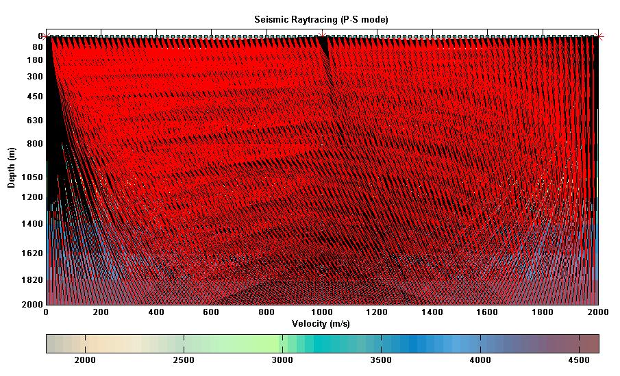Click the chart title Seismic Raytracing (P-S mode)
tap(322, 20)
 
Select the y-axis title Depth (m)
tap(11, 168)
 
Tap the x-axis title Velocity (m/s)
tap(322, 323)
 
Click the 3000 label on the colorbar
tap(282, 360)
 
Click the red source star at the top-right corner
tap(599, 36)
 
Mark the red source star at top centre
tap(322, 36)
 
